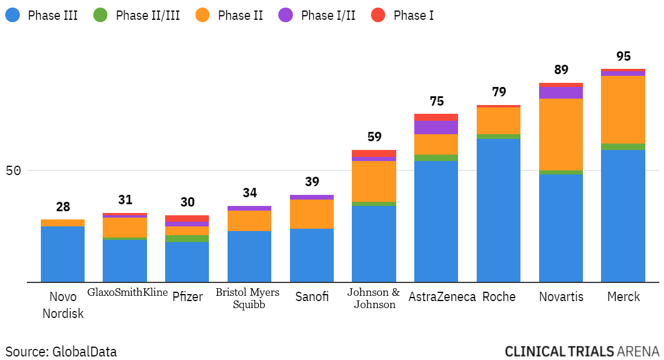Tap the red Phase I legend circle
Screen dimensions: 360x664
[378, 15]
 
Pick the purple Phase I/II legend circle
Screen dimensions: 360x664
[285, 15]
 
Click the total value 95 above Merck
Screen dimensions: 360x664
[623, 57]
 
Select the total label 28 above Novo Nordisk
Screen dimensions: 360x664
[62, 207]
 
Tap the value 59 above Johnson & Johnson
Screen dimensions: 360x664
[374, 137]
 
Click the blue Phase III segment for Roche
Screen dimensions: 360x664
[498, 210]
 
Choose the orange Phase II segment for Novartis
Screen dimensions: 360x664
[561, 134]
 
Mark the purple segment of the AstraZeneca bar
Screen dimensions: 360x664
[436, 127]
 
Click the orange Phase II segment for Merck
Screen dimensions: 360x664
[623, 109]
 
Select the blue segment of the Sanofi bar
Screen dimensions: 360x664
[312, 255]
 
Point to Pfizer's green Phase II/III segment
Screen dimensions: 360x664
[187, 239]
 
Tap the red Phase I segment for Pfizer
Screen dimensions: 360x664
[187, 218]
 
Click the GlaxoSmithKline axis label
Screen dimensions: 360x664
[127, 292]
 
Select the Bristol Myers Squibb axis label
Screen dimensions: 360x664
[247, 298]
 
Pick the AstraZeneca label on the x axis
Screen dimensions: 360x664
[442, 296]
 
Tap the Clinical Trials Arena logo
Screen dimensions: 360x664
[582, 351]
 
